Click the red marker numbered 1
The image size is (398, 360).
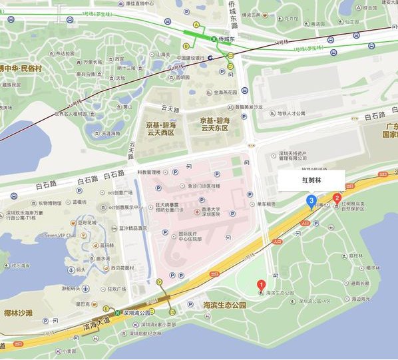point(262,284)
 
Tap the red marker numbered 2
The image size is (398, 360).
point(337,197)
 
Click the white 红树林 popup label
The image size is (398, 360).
point(311,180)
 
